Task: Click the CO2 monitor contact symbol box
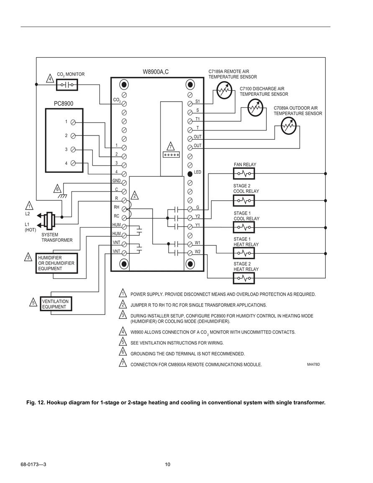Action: [x=67, y=84]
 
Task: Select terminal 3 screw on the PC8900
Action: [x=73, y=149]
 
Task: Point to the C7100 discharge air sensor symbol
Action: [x=255, y=108]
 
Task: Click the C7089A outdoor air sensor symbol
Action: [x=289, y=126]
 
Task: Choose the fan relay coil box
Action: [x=244, y=174]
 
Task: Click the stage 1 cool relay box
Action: [x=244, y=227]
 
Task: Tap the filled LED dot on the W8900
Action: [x=190, y=174]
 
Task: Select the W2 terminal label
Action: [x=197, y=252]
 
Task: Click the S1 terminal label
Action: [x=197, y=101]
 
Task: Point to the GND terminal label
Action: [x=116, y=181]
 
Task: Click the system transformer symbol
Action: [x=49, y=220]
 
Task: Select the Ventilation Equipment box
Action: [x=56, y=304]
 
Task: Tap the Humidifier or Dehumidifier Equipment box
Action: [x=56, y=263]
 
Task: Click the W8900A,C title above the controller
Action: [x=156, y=72]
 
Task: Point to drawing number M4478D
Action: [x=313, y=365]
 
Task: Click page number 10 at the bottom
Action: [x=168, y=465]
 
